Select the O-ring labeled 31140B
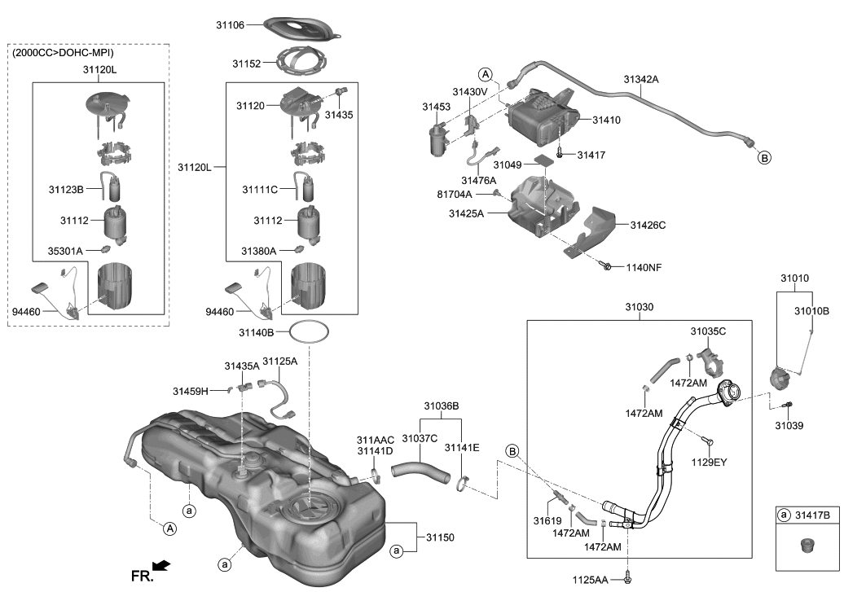[310, 332]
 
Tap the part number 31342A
[641, 80]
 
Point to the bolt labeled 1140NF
[607, 266]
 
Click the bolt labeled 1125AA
[628, 579]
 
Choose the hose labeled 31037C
[420, 471]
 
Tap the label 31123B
[66, 189]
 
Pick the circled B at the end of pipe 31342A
[764, 158]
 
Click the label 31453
[437, 107]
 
